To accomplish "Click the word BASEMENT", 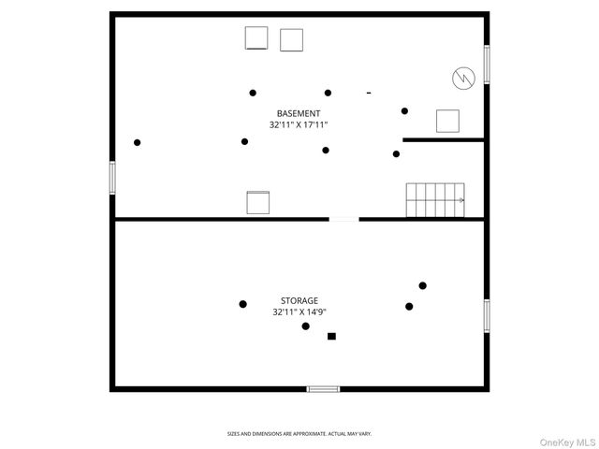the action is click(299, 113).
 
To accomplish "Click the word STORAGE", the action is click(299, 300).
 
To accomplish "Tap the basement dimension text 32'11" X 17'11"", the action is click(299, 124).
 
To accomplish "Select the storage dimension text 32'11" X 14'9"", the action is click(299, 311).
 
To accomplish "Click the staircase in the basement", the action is click(435, 200).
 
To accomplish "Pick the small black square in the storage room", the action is click(331, 337).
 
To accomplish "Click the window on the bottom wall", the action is click(323, 389).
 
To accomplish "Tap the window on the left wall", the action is click(112, 178).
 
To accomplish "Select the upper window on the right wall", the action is click(487, 65).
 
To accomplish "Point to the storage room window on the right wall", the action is click(487, 316).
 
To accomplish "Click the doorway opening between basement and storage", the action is click(343, 219).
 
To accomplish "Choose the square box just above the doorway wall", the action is click(258, 202).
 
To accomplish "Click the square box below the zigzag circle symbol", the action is click(447, 121).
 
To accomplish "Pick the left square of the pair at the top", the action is click(256, 37).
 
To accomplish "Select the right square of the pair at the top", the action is click(291, 39).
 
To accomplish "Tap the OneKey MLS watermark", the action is click(567, 442).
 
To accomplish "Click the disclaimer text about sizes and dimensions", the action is click(299, 434).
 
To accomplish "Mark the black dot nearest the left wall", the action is click(138, 142).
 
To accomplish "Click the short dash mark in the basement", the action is click(369, 93).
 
